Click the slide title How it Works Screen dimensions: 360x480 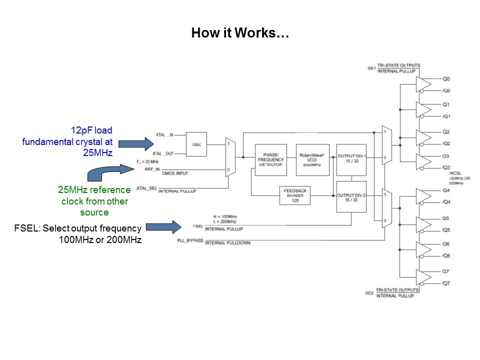pyautogui.click(x=240, y=33)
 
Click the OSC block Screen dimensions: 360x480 pyautogui.click(x=196, y=144)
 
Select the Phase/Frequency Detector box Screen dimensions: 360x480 pyautogui.click(x=271, y=160)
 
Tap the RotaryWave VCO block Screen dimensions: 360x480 pyautogui.click(x=312, y=160)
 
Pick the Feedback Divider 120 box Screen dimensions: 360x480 pyautogui.click(x=295, y=195)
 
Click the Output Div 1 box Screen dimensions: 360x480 pyautogui.click(x=351, y=160)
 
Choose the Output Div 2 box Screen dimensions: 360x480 pyautogui.click(x=351, y=196)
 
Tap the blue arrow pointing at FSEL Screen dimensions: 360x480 pyautogui.click(x=162, y=227)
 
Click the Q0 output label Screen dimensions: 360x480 pyautogui.click(x=446, y=79)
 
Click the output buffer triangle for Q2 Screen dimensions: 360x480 pyautogui.click(x=423, y=137)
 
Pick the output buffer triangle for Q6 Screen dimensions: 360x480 pyautogui.click(x=423, y=249)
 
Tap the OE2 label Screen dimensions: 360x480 pyautogui.click(x=368, y=293)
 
